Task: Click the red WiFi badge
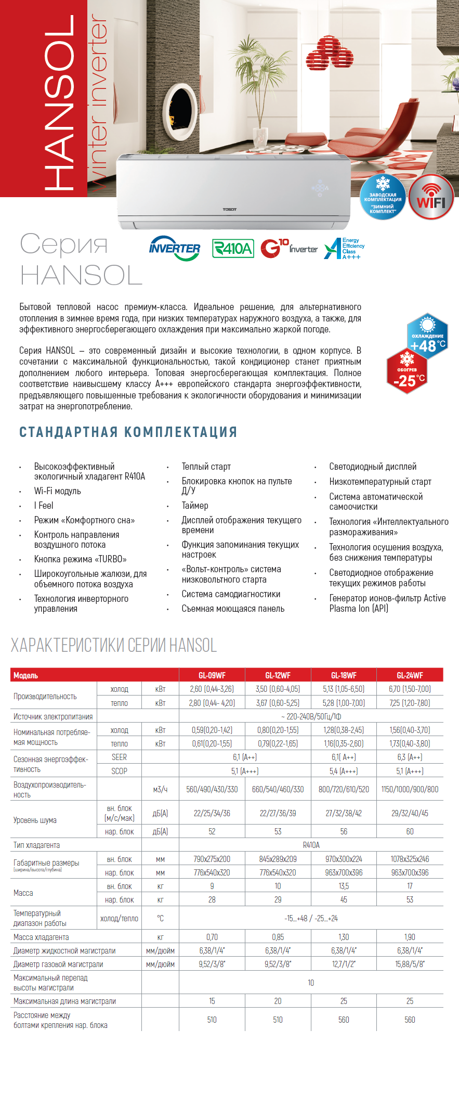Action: [x=431, y=198]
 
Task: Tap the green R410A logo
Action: [x=233, y=249]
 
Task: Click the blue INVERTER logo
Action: [x=175, y=248]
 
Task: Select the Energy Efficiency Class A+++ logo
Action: [x=344, y=249]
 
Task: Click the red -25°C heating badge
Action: [x=406, y=371]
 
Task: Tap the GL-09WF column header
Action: [x=212, y=675]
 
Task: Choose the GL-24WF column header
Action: [x=410, y=675]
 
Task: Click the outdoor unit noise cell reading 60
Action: [x=410, y=831]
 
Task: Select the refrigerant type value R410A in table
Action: [x=311, y=845]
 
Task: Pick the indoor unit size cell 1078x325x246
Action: [x=410, y=859]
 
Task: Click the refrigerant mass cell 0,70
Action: [x=212, y=937]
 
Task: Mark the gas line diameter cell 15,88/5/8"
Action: [x=410, y=964]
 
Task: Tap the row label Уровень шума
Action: [x=35, y=820]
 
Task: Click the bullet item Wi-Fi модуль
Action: [x=58, y=491]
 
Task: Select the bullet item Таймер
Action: [x=195, y=505]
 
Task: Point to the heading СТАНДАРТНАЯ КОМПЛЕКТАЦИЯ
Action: [x=128, y=432]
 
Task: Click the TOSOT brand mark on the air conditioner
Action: [x=230, y=209]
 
